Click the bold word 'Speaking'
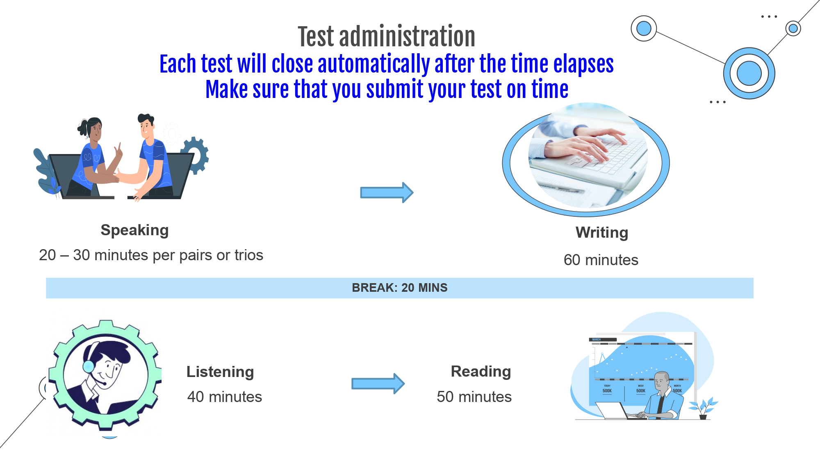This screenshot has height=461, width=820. tap(134, 230)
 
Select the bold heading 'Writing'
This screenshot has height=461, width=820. tap(602, 232)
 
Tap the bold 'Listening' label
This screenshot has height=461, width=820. tap(220, 372)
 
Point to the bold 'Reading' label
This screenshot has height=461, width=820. tap(481, 372)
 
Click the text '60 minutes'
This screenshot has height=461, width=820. tap(601, 260)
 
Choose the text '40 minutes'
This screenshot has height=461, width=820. tap(225, 397)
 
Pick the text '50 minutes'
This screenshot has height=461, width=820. tap(474, 397)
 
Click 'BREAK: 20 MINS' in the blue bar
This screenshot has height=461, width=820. tap(400, 288)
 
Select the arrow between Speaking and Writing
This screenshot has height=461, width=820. tap(387, 193)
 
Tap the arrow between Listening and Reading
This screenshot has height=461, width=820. tap(378, 384)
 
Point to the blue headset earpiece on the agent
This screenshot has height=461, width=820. tap(89, 366)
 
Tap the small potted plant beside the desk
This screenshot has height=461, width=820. tap(703, 408)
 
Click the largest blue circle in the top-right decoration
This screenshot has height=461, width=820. tap(749, 73)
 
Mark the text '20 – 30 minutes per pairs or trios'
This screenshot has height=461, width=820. tap(151, 255)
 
